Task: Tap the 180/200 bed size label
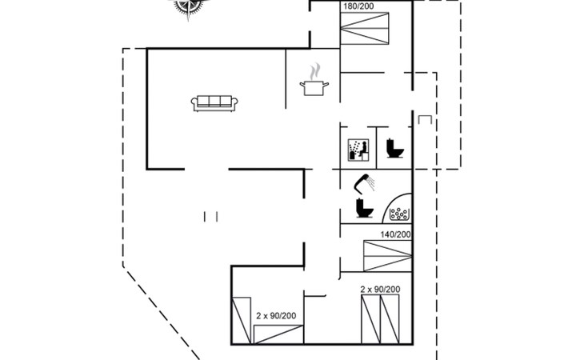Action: tap(358, 6)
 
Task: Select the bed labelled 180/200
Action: tap(365, 29)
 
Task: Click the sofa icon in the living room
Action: tap(214, 103)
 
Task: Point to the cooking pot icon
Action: tap(314, 88)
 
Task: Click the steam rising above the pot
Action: tap(315, 70)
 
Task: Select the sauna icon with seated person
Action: tap(358, 150)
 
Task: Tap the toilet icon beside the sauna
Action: tap(394, 148)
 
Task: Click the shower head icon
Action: tap(364, 183)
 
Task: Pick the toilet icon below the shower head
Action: tap(364, 208)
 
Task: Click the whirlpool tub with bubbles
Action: tap(398, 208)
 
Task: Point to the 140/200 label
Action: tap(395, 234)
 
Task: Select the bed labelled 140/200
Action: tap(388, 256)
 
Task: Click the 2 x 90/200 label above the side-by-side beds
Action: tap(380, 290)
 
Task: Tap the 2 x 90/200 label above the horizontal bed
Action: tap(276, 316)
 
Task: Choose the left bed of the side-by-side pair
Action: tap(371, 319)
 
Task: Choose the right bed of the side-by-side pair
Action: tap(390, 319)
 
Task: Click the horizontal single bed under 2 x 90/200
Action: tap(278, 334)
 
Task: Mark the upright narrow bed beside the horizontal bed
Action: tap(242, 321)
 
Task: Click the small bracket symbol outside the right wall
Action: tap(425, 119)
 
